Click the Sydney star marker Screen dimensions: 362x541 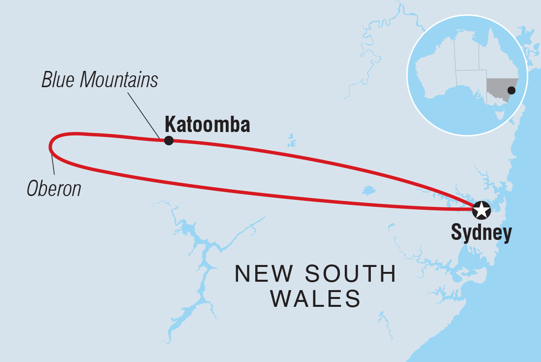click(x=481, y=210)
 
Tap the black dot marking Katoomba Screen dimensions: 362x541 click(x=169, y=140)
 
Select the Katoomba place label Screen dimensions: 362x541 click(x=207, y=124)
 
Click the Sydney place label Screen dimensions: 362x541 click(x=481, y=233)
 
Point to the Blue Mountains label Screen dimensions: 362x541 click(x=100, y=79)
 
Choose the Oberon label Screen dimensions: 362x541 click(x=54, y=189)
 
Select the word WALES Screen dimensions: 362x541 click(x=315, y=298)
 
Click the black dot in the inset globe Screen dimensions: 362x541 click(x=511, y=90)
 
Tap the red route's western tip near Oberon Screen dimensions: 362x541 click(x=51, y=146)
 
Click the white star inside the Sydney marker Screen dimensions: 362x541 click(x=481, y=210)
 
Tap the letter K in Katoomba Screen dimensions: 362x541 click(x=170, y=124)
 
